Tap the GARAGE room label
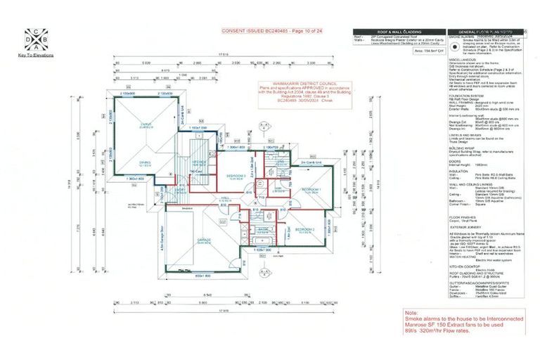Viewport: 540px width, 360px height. tap(205, 240)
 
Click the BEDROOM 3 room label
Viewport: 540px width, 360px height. tap(236, 176)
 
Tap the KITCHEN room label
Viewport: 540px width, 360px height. tap(198, 161)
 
